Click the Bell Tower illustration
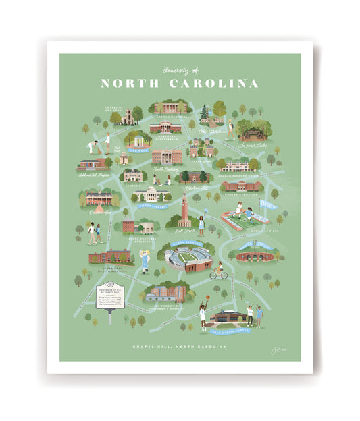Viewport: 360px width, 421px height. (184, 210)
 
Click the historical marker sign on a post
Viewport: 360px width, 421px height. (110, 298)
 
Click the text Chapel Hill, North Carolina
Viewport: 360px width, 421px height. (179, 347)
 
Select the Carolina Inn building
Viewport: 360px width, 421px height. (99, 198)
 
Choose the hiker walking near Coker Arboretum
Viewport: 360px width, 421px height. (231, 128)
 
